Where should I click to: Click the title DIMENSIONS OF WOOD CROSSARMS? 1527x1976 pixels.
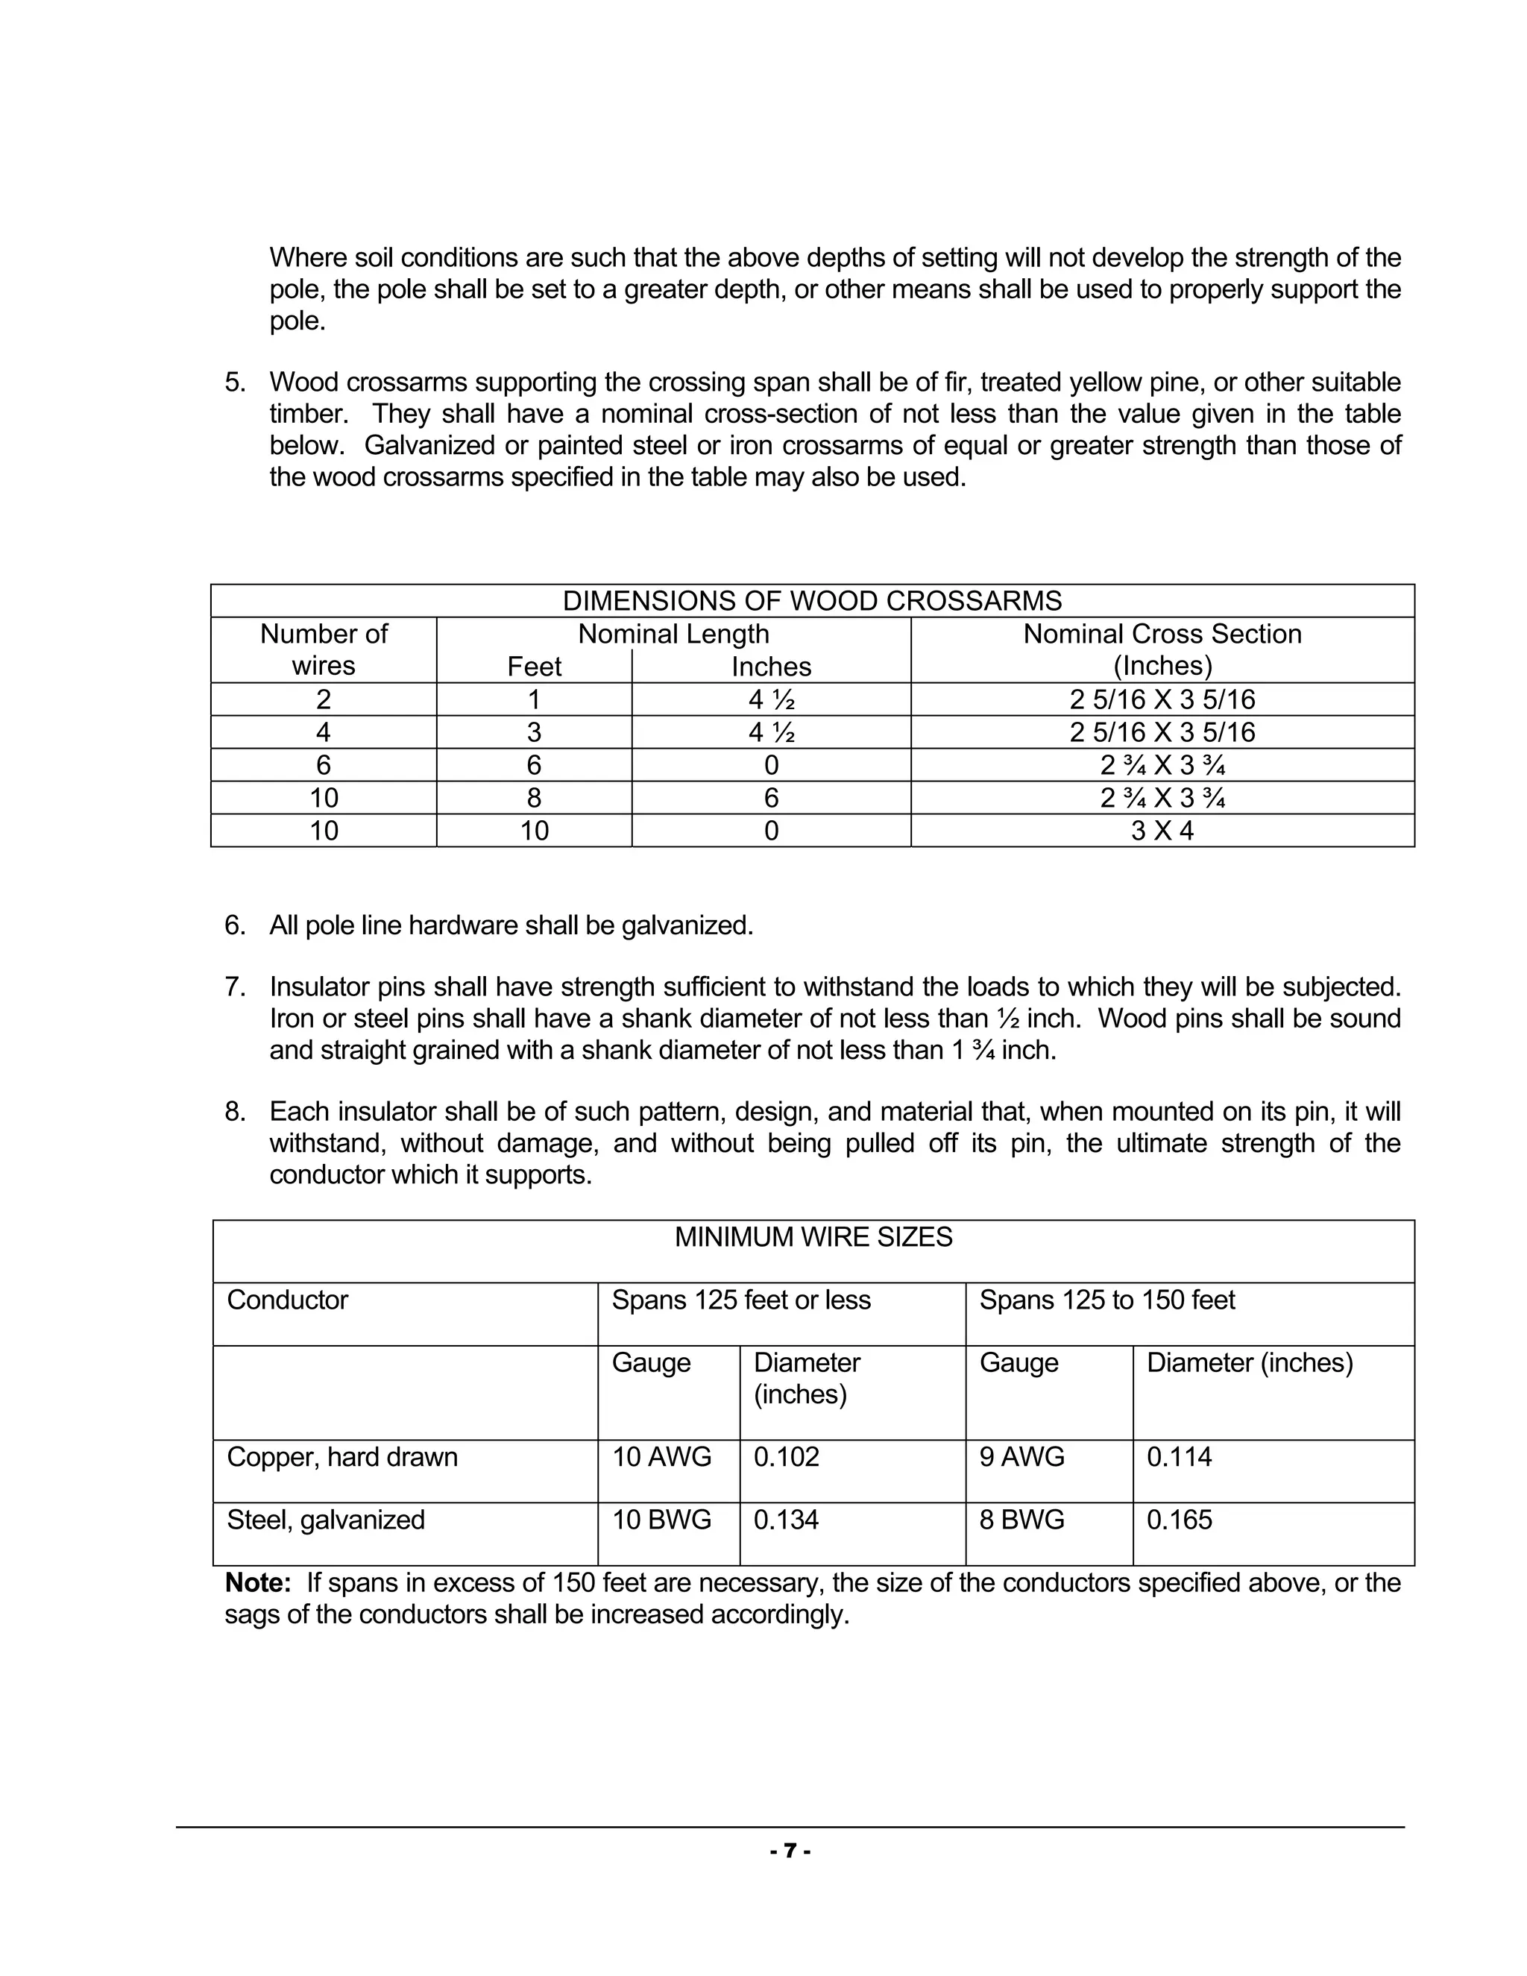coord(811,601)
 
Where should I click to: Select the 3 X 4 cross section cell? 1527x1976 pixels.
coord(1162,831)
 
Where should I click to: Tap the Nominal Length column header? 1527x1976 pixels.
coord(673,633)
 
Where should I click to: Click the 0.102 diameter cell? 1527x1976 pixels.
coord(786,1457)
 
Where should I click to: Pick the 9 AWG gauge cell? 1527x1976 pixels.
coord(1021,1457)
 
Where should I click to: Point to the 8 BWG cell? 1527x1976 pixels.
coord(1021,1519)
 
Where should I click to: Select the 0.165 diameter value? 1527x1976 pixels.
coord(1179,1519)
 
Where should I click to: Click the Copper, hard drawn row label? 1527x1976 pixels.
coord(342,1457)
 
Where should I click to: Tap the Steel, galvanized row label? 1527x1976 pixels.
coord(326,1519)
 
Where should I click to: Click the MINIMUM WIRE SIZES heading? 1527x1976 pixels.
coord(813,1237)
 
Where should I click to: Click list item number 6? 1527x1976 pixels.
coord(234,925)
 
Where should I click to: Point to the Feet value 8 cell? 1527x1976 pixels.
coord(534,798)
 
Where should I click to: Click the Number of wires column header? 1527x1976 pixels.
coord(323,649)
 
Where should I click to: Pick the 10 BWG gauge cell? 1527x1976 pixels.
coord(661,1519)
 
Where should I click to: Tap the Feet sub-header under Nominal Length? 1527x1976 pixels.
coord(534,667)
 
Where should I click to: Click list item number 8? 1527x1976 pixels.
coord(234,1112)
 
